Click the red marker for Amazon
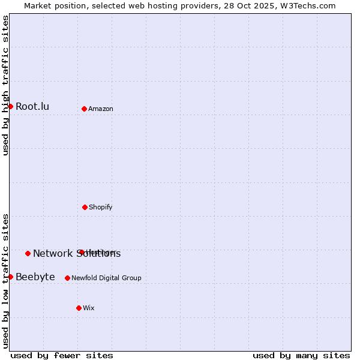pyautogui.click(x=84, y=109)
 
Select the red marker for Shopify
pyautogui.click(x=85, y=207)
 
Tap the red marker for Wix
pyautogui.click(x=79, y=308)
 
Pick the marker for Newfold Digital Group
pyautogui.click(x=67, y=278)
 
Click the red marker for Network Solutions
pyautogui.click(x=28, y=253)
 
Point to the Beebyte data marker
pyautogui.click(x=10, y=277)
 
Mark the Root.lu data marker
pyautogui.click(x=10, y=106)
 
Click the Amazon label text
pyautogui.click(x=101, y=109)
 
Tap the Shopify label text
pyautogui.click(x=101, y=207)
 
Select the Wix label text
pyautogui.click(x=89, y=308)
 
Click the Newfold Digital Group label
pyautogui.click(x=106, y=278)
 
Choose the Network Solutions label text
pyautogui.click(x=77, y=253)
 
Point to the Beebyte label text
pyautogui.click(x=35, y=277)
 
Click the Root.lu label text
pyautogui.click(x=32, y=106)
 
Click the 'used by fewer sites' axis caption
pyautogui.click(x=62, y=355)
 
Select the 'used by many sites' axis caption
pyautogui.click(x=301, y=355)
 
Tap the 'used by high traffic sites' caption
pyautogui.click(x=5, y=85)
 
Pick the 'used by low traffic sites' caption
pyautogui.click(x=5, y=281)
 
